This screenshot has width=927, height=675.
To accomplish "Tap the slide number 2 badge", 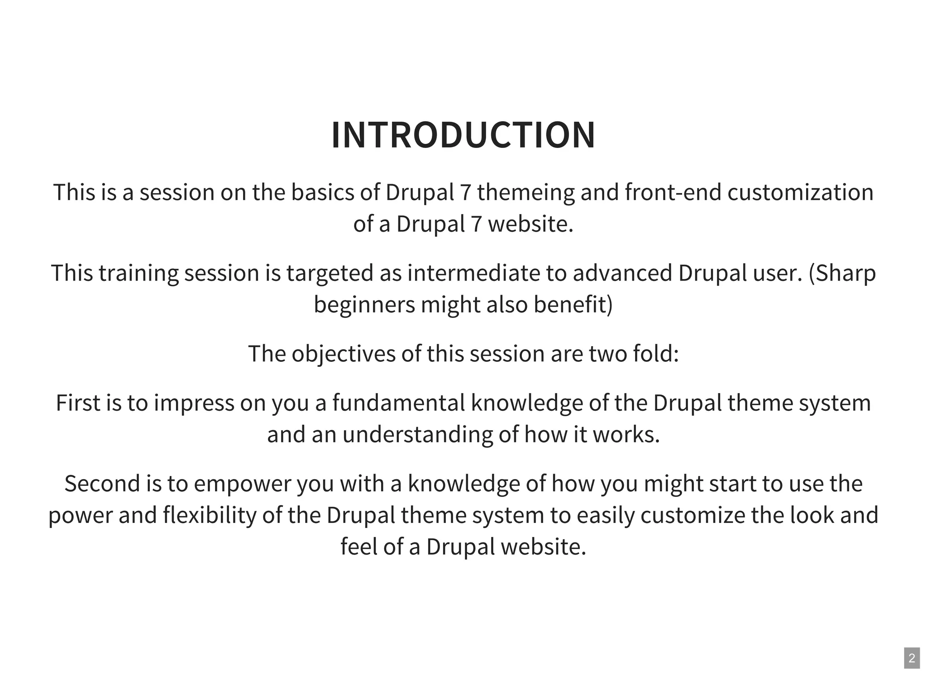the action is [x=912, y=658].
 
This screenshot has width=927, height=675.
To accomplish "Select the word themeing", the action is [x=526, y=192].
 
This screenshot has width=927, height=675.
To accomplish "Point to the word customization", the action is [x=800, y=192].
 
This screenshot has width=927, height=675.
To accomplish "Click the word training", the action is [x=139, y=273].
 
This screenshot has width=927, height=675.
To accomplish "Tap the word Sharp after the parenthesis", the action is [x=846, y=273].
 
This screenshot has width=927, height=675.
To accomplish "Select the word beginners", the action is [x=364, y=304].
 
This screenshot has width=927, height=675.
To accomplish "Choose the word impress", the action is [x=194, y=403].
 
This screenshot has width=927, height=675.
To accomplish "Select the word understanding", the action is [x=417, y=434].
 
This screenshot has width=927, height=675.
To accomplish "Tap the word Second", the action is [x=102, y=484].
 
